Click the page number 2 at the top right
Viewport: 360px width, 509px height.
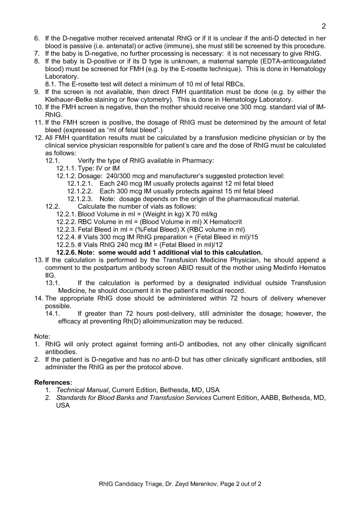coord(323,26)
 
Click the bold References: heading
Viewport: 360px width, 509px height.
coord(53,382)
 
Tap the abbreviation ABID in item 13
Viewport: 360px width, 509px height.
coord(194,267)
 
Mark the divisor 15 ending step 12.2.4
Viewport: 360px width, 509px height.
coord(254,237)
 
